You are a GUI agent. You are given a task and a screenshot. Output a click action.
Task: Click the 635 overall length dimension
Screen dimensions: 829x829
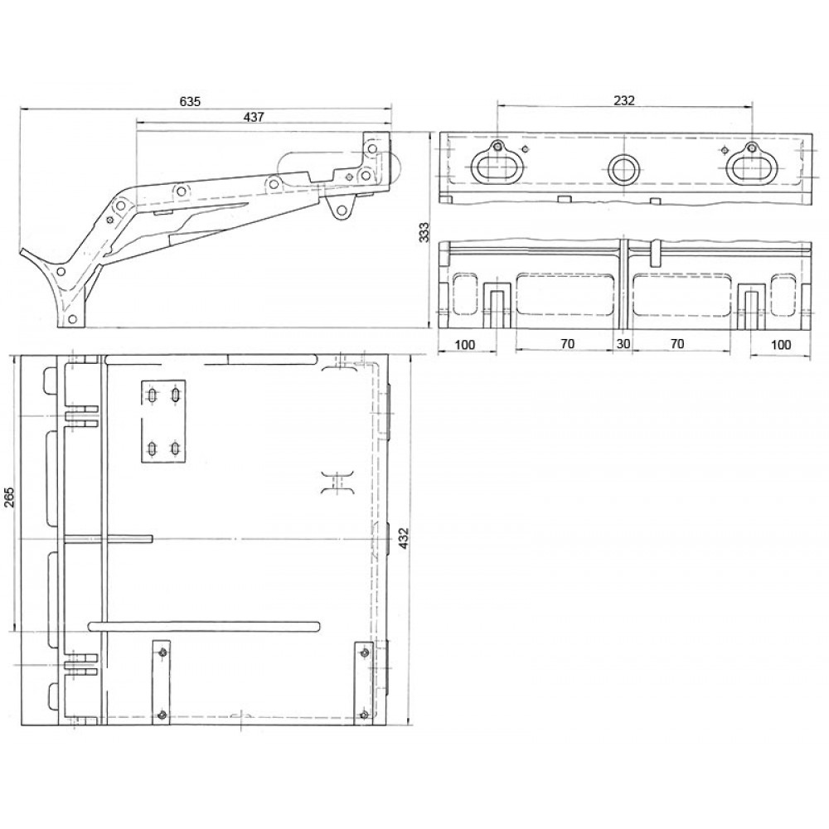click(x=191, y=101)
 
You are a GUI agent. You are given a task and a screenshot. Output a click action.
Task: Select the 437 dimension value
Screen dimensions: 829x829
click(x=254, y=117)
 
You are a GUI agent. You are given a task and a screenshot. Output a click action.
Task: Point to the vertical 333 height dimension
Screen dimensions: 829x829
click(x=424, y=232)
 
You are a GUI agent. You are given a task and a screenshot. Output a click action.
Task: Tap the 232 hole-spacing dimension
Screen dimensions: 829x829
click(x=624, y=100)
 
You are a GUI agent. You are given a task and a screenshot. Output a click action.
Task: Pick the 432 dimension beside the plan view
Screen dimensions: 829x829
click(x=404, y=538)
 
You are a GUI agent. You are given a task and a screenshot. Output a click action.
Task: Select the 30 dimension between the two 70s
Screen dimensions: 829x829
click(x=623, y=344)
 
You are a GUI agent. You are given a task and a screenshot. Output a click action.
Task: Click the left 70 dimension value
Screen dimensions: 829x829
click(x=567, y=344)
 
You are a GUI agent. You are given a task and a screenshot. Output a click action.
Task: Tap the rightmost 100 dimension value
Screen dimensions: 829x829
click(x=781, y=345)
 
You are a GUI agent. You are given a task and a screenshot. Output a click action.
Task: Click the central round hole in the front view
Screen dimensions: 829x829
click(x=624, y=169)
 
